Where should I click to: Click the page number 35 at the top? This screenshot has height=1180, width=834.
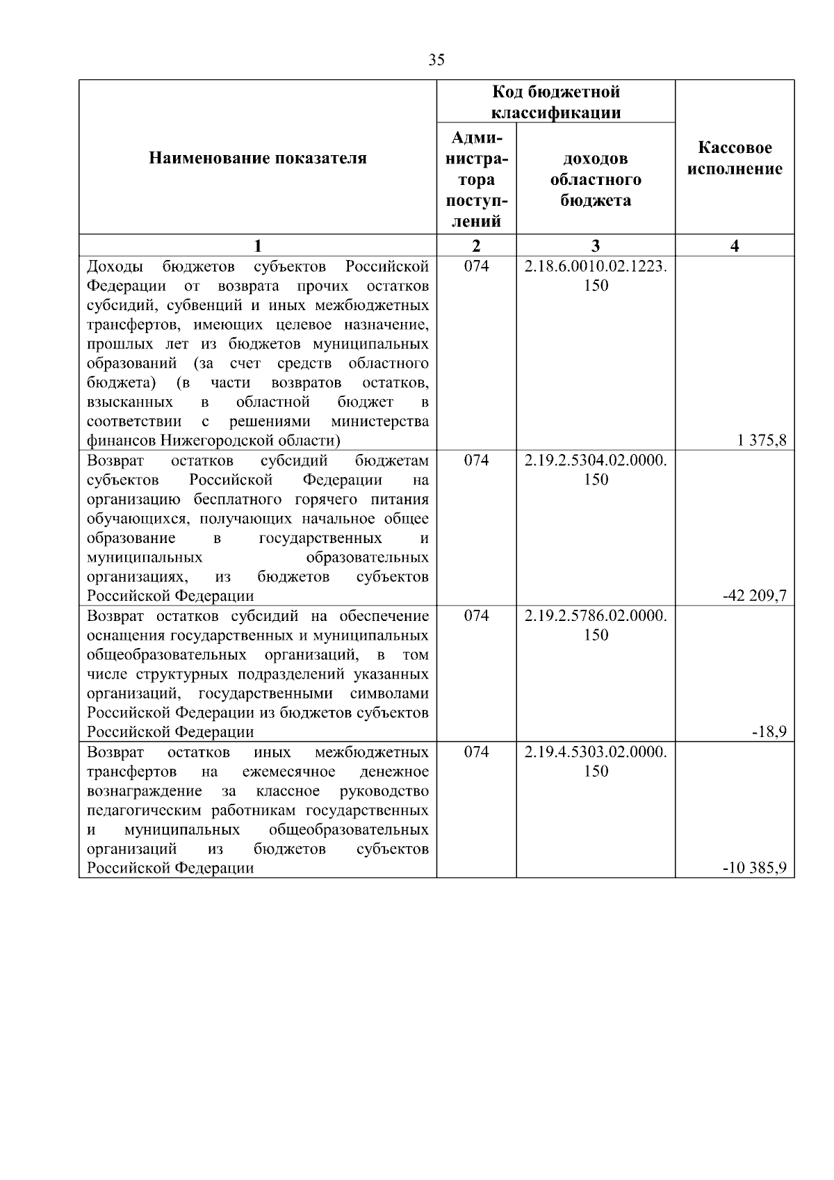coord(436,60)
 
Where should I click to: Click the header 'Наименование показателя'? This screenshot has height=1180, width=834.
coord(258,159)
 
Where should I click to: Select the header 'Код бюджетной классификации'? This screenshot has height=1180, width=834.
coord(556,102)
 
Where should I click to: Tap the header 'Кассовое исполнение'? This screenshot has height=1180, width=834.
coord(735,159)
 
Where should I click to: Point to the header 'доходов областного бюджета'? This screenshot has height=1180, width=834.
coord(596,179)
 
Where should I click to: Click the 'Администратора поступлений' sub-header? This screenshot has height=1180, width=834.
coord(476,179)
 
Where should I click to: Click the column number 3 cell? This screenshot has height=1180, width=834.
coord(596,245)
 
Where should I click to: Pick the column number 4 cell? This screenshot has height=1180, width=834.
coord(735,245)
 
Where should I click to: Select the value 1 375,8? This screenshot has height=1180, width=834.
coord(762,440)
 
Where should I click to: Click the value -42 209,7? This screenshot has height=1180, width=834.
coord(755,596)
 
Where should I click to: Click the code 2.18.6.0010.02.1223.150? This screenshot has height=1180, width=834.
coord(596,276)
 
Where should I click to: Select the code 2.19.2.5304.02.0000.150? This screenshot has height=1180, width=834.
coord(596,470)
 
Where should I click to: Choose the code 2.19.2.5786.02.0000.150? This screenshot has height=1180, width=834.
coord(596,625)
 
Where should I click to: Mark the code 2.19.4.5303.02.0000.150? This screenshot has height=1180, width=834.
coord(596,761)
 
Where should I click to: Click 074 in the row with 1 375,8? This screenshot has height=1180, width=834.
coord(476,266)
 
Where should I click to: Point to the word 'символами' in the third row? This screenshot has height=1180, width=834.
coord(389,693)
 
